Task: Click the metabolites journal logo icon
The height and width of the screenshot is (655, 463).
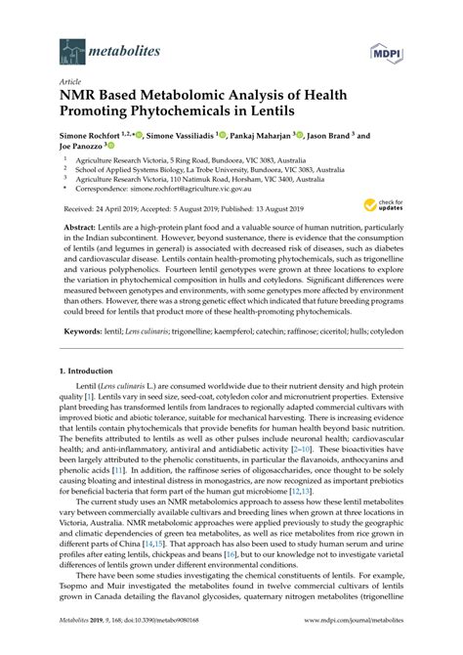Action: pos(71,49)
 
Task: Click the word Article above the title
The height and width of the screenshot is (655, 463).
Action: pos(71,82)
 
